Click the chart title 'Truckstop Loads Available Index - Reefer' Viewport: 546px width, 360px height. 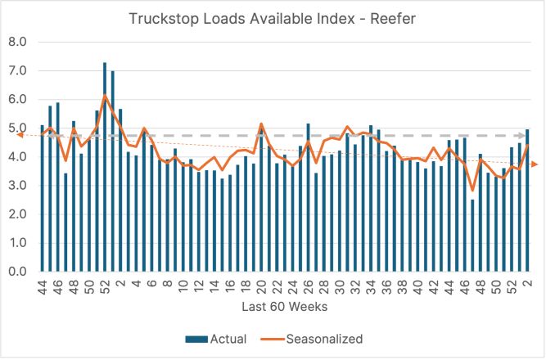[273, 18]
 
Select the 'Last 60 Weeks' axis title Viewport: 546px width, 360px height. [273, 306]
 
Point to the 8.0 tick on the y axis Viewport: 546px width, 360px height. [17, 42]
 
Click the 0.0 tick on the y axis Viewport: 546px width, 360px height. [17, 272]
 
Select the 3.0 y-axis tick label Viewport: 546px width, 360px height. [17, 186]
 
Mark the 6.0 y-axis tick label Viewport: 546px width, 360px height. [17, 99]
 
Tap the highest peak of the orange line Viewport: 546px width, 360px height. [105, 96]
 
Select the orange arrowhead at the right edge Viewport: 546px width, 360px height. [535, 164]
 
